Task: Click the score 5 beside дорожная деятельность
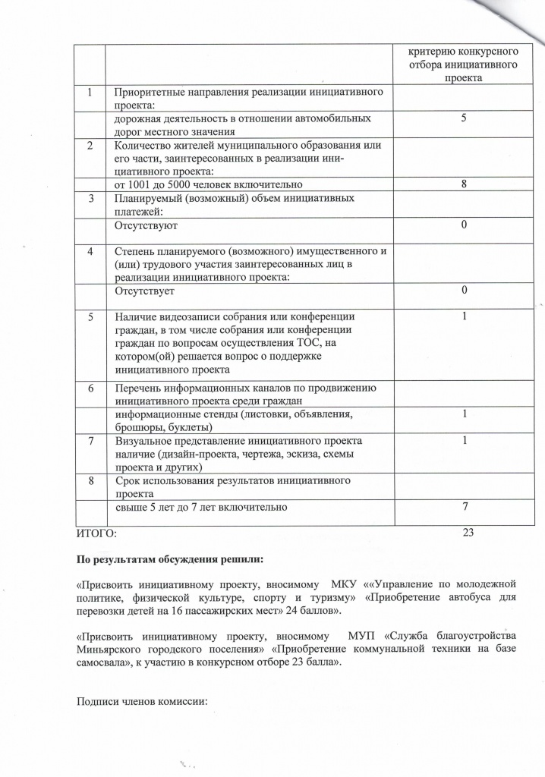pyautogui.click(x=463, y=119)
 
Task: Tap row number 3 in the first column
pyautogui.click(x=91, y=199)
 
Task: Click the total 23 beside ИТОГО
pyautogui.click(x=468, y=533)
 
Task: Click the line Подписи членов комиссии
pyautogui.click(x=142, y=699)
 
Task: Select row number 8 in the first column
pyautogui.click(x=91, y=481)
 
